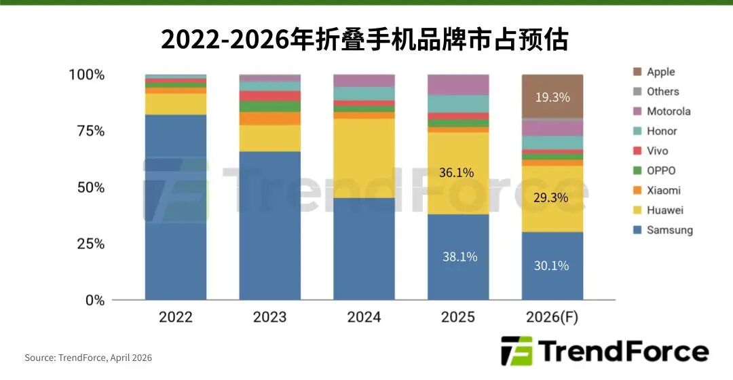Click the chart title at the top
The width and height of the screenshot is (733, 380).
[x=364, y=39]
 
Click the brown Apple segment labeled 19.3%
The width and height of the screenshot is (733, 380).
[x=552, y=97]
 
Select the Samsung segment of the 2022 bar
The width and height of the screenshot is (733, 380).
[x=176, y=207]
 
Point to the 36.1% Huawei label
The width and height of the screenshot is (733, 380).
[x=456, y=172]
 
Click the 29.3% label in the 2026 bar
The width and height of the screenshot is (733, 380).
[x=551, y=197]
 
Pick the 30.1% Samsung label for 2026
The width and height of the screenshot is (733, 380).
[x=551, y=265]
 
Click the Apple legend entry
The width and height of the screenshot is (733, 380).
[x=660, y=72]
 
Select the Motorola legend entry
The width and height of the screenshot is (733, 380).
[x=668, y=111]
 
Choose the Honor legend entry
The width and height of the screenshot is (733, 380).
[x=661, y=131]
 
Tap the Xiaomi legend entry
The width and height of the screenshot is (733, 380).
[x=662, y=191]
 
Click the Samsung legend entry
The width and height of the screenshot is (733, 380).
[x=669, y=230]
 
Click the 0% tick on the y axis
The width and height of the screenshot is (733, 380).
[x=94, y=300]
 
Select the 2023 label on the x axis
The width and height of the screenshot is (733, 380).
[x=269, y=317]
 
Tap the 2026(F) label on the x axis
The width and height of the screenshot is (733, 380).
[x=552, y=317]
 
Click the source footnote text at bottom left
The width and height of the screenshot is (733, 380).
[x=88, y=358]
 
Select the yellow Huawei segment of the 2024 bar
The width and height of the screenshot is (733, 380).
[x=364, y=158]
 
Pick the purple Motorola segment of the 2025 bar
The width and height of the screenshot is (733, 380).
[x=458, y=85]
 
